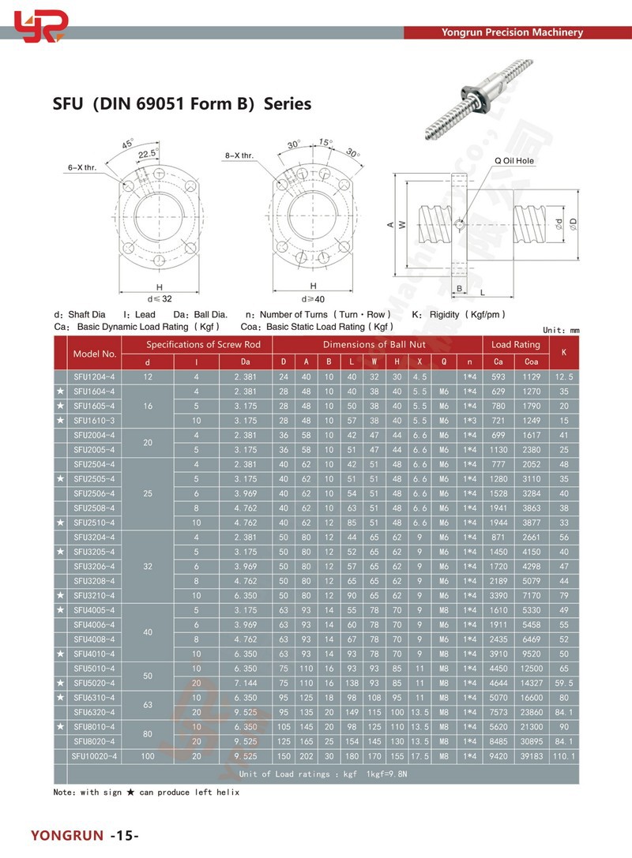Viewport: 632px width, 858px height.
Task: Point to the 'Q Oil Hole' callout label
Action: (x=514, y=160)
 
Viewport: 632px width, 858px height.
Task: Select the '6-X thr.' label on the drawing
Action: (x=81, y=167)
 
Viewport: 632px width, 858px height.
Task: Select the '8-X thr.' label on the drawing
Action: (x=239, y=155)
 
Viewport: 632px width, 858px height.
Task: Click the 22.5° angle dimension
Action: (x=147, y=154)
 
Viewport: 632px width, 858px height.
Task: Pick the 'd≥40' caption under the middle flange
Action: (x=313, y=298)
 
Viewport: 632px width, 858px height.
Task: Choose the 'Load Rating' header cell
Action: (x=516, y=344)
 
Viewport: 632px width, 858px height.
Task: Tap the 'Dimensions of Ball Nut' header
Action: (x=374, y=344)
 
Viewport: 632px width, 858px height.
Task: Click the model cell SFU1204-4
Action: (x=95, y=377)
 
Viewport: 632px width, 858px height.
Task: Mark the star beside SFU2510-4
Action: (x=61, y=523)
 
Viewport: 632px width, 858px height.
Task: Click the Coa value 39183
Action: (x=532, y=756)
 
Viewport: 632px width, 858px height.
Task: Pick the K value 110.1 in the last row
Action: (x=563, y=756)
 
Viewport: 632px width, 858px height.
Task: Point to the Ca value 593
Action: (x=498, y=377)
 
